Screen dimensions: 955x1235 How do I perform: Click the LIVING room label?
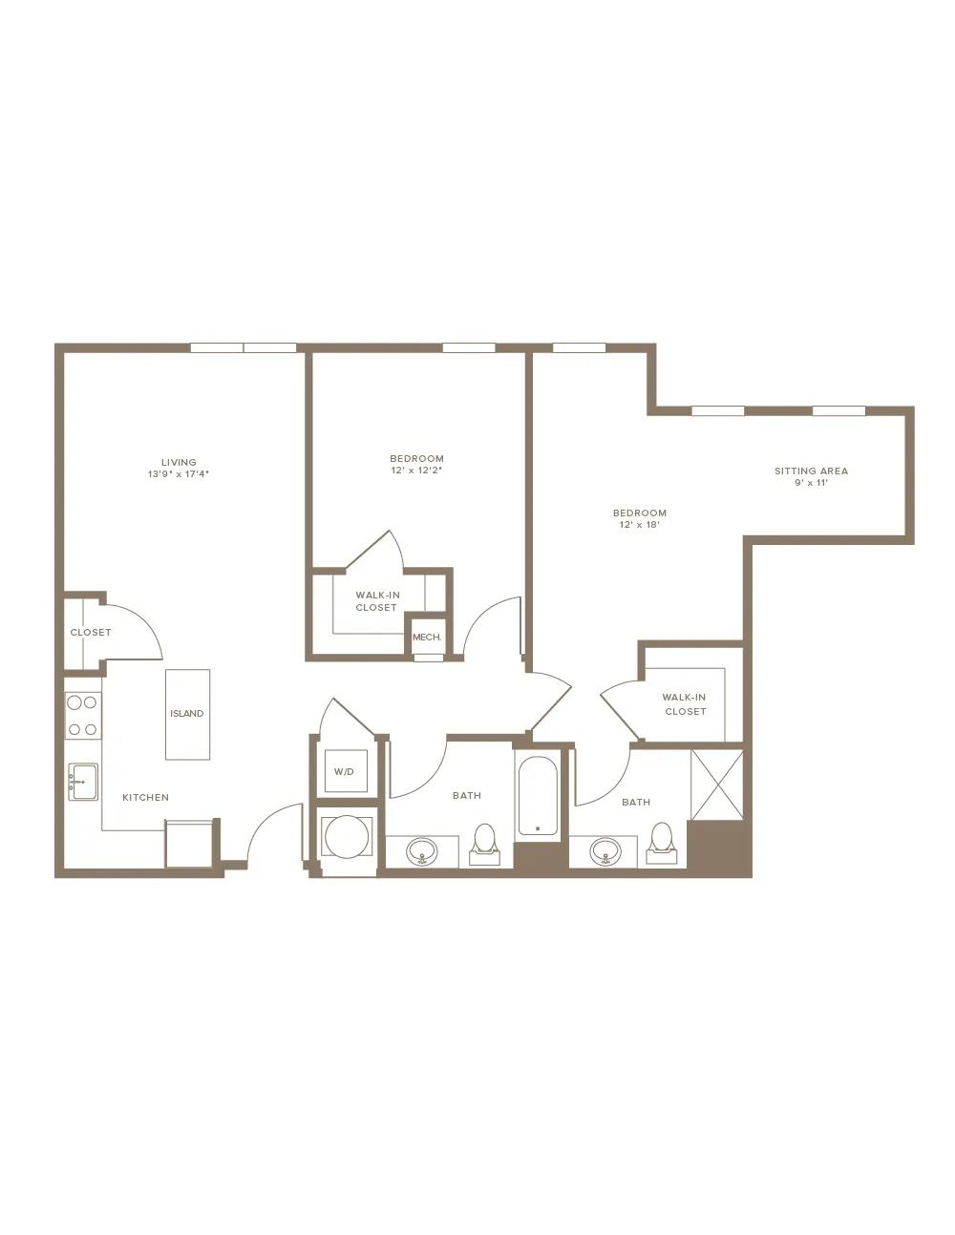(179, 462)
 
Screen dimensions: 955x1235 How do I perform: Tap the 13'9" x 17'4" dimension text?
(179, 474)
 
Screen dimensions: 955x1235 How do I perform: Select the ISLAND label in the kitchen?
(186, 713)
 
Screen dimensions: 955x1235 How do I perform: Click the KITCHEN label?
(145, 797)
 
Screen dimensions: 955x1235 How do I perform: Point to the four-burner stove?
(82, 716)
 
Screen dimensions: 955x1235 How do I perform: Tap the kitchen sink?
(83, 782)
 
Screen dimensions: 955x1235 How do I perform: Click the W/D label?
(344, 772)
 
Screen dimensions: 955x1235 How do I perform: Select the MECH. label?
(427, 638)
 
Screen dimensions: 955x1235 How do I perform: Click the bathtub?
(537, 796)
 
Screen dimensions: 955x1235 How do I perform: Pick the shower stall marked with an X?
(717, 785)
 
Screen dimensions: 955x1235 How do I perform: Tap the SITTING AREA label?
(811, 471)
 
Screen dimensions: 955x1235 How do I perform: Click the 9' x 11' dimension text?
(811, 483)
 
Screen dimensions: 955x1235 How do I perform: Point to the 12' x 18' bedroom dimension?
(640, 525)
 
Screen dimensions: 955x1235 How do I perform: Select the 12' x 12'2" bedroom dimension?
(416, 470)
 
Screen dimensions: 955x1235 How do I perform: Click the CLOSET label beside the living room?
(91, 632)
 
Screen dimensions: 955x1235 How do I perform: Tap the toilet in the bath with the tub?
(485, 843)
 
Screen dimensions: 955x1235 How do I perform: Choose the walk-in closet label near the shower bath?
(685, 704)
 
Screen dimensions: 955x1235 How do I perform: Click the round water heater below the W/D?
(347, 837)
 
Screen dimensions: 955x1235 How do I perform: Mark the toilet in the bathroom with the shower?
(662, 843)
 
